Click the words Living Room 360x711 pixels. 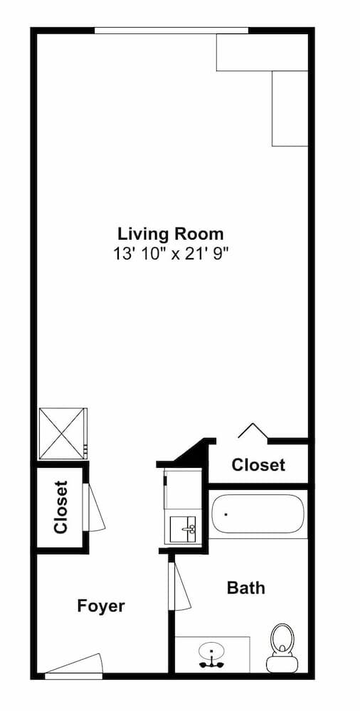click(x=171, y=233)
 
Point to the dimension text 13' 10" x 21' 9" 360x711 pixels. click(x=171, y=252)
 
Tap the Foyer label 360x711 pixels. click(x=101, y=606)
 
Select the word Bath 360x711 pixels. click(x=245, y=588)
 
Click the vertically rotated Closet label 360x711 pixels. click(x=60, y=507)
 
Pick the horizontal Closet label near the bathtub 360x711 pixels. click(x=258, y=465)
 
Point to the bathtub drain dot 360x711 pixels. click(x=226, y=513)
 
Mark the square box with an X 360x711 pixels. click(x=62, y=433)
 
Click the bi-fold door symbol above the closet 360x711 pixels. click(x=252, y=431)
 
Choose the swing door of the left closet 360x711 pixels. click(x=95, y=506)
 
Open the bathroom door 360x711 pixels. click(x=181, y=585)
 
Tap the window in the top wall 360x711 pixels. click(x=171, y=30)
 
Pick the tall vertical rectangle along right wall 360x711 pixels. click(x=290, y=108)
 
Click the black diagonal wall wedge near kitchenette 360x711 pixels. click(x=190, y=453)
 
